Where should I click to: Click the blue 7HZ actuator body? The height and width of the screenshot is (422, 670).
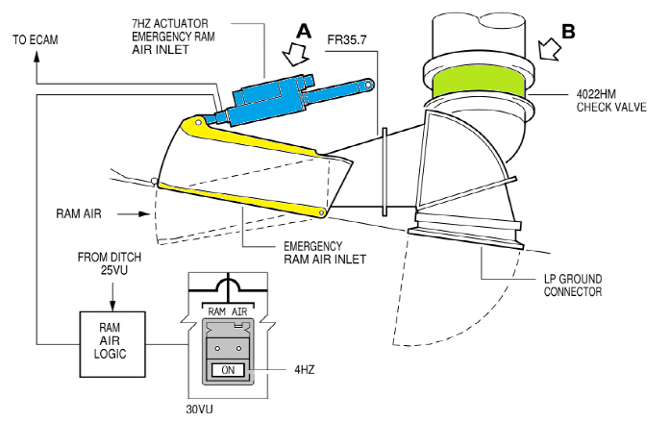click(x=267, y=100)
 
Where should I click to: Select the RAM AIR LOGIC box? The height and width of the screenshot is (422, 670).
click(x=112, y=344)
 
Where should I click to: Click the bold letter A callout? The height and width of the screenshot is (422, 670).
click(x=304, y=31)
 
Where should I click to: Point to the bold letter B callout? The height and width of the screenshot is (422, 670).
click(x=568, y=32)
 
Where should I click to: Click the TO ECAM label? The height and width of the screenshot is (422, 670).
click(x=35, y=40)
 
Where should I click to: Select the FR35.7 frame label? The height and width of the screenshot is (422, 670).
click(x=347, y=40)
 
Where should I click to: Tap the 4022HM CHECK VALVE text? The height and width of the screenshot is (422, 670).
click(x=611, y=101)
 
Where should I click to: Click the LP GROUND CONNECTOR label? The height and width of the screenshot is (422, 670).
click(x=573, y=285)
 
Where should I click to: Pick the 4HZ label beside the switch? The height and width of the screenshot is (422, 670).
click(x=304, y=369)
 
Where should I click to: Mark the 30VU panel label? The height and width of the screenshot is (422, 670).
click(x=200, y=410)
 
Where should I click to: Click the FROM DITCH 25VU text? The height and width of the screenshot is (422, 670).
click(x=110, y=263)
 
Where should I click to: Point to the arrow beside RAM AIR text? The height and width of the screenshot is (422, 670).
click(x=134, y=213)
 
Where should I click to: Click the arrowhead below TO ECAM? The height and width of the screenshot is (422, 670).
click(x=37, y=57)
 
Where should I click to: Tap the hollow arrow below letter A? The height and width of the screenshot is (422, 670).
click(x=295, y=54)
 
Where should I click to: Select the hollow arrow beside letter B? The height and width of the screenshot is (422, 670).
click(x=549, y=49)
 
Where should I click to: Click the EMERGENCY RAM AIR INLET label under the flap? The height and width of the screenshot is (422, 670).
click(x=325, y=253)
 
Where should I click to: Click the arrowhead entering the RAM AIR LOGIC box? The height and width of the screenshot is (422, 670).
click(x=112, y=307)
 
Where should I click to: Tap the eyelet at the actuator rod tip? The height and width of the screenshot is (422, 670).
click(x=368, y=85)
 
